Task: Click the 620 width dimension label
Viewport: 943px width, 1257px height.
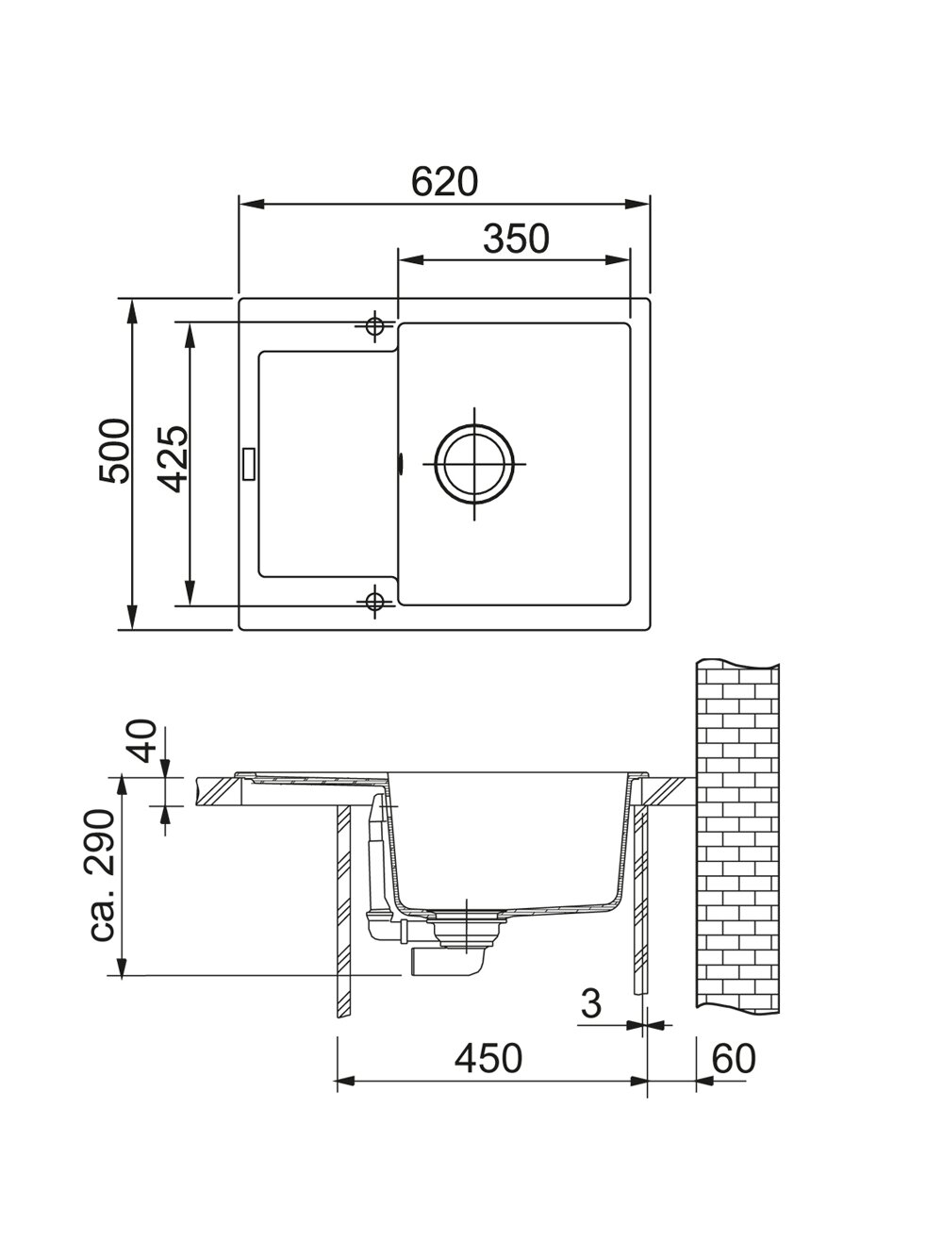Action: pos(444,182)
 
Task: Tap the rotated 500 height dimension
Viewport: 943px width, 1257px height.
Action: pos(114,452)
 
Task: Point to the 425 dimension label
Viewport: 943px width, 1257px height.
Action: pos(173,459)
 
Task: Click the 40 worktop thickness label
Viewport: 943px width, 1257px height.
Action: pos(141,740)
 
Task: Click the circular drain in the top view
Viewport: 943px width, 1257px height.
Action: pos(473,464)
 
